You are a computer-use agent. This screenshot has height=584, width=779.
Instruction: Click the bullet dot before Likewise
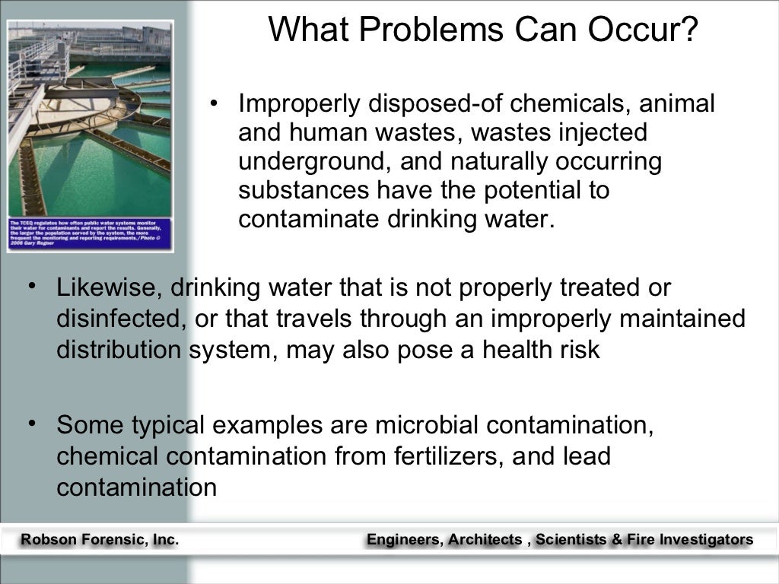pos(33,285)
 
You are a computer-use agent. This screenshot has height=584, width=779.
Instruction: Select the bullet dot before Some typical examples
pos(33,421)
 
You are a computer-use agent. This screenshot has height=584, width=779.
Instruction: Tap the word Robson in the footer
pos(48,540)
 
